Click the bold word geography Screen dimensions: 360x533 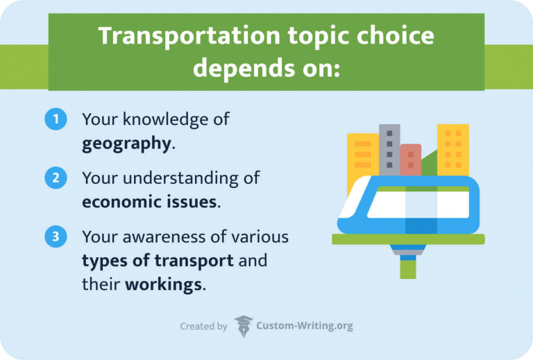[x=126, y=144]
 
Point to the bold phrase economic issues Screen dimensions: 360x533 [x=150, y=203]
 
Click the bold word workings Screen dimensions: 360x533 [x=164, y=285]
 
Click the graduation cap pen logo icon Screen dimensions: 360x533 [x=244, y=325]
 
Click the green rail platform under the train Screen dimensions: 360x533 [x=408, y=239]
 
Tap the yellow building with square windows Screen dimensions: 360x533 [x=452, y=149]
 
